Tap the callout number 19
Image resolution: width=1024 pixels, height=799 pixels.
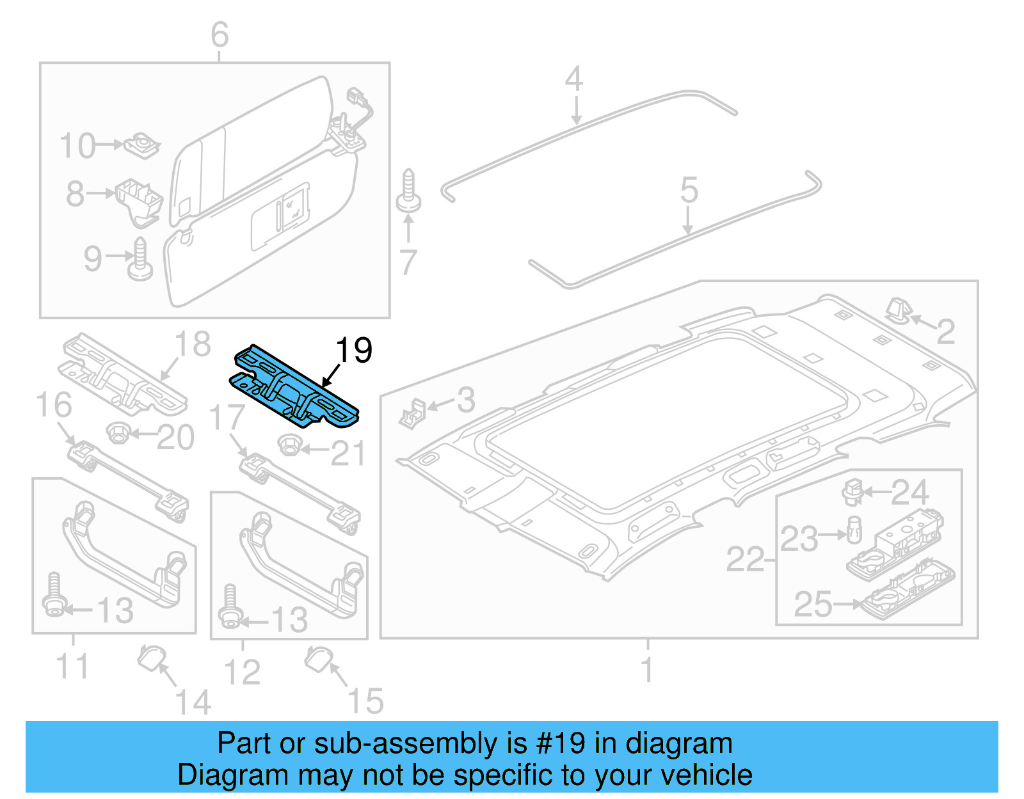[x=354, y=351]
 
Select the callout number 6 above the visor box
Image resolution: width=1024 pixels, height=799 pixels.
[x=220, y=35]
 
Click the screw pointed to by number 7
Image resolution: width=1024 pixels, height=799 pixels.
[x=408, y=192]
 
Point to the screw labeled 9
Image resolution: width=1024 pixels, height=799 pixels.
[x=140, y=260]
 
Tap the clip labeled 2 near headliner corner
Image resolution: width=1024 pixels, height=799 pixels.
[x=897, y=310]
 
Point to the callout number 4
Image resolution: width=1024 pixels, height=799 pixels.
[x=574, y=79]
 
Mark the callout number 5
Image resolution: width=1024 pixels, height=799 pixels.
[x=689, y=191]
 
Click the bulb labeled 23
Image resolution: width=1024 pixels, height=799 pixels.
[x=854, y=530]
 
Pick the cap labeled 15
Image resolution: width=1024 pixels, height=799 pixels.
[x=318, y=658]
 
